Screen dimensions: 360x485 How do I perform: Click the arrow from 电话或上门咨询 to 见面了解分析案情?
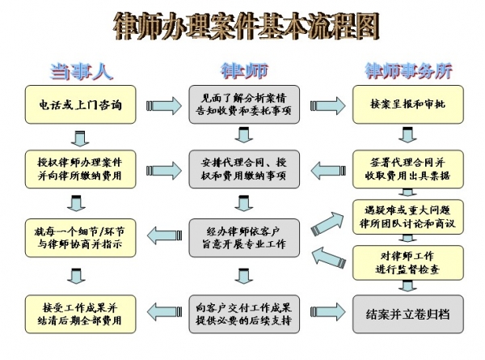click(x=162, y=104)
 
